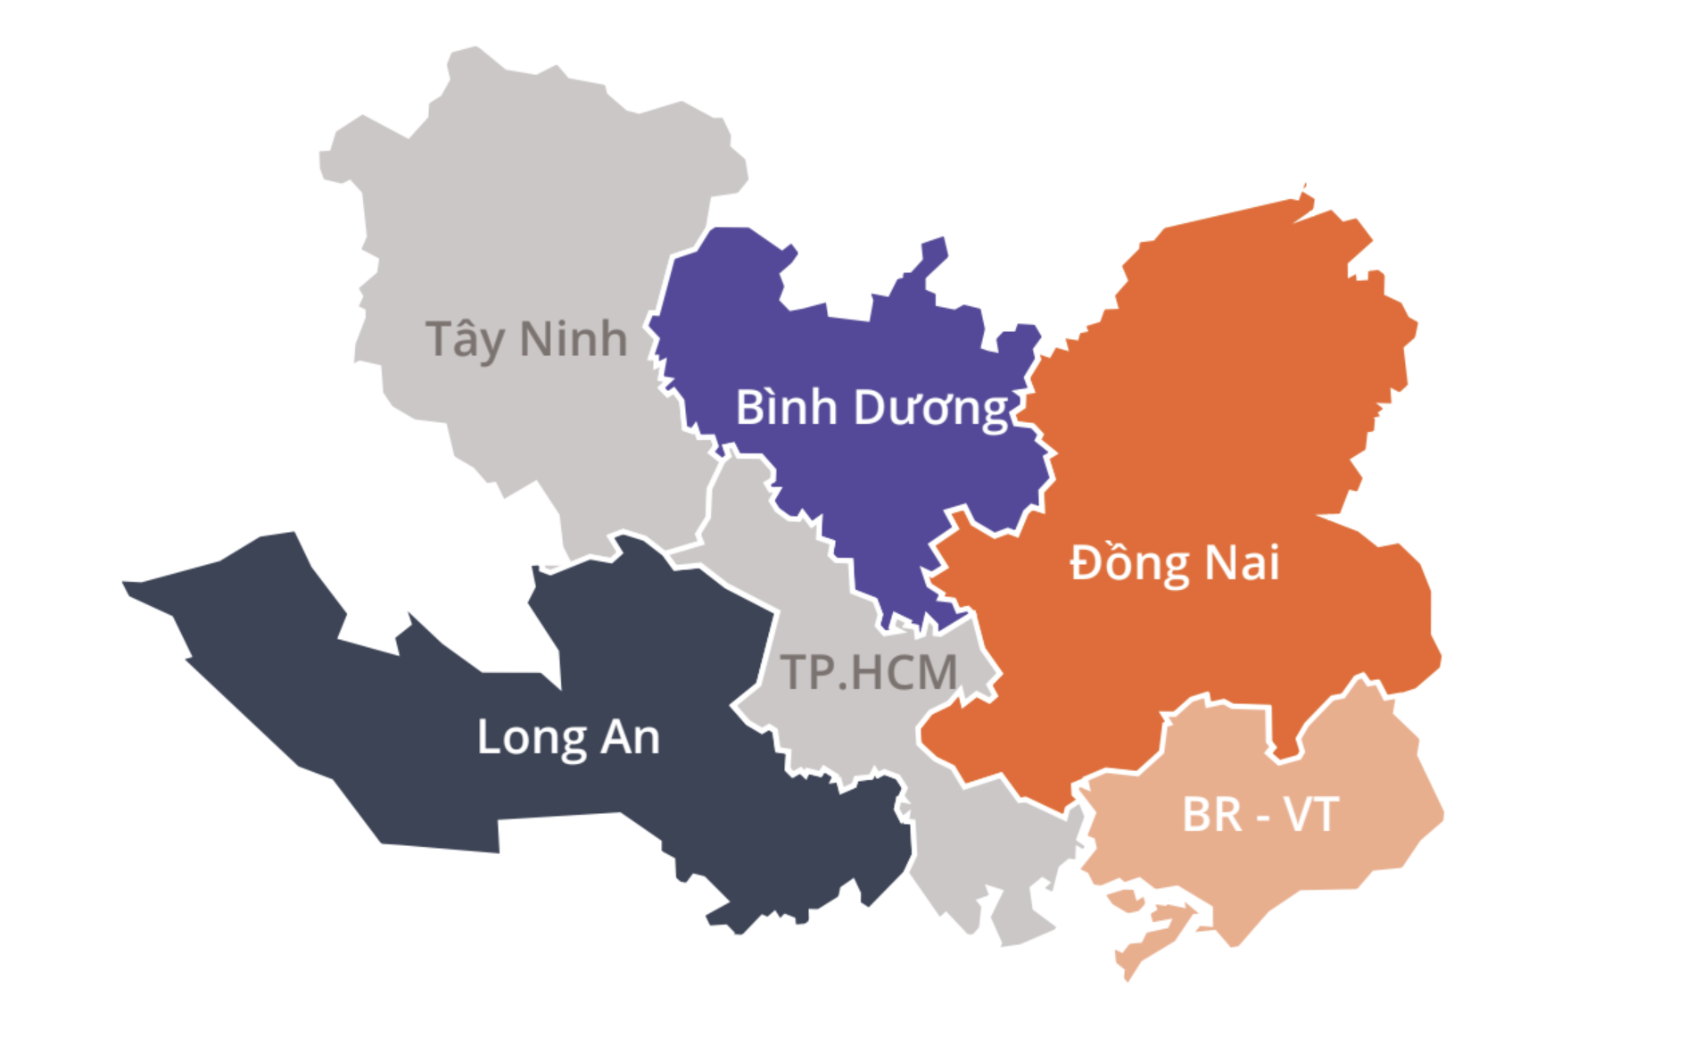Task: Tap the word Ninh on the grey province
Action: [574, 339]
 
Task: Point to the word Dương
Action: [931, 409]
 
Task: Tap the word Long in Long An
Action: [532, 738]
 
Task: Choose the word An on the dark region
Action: [630, 737]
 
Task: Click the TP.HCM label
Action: [868, 672]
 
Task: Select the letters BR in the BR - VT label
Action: [1211, 815]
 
